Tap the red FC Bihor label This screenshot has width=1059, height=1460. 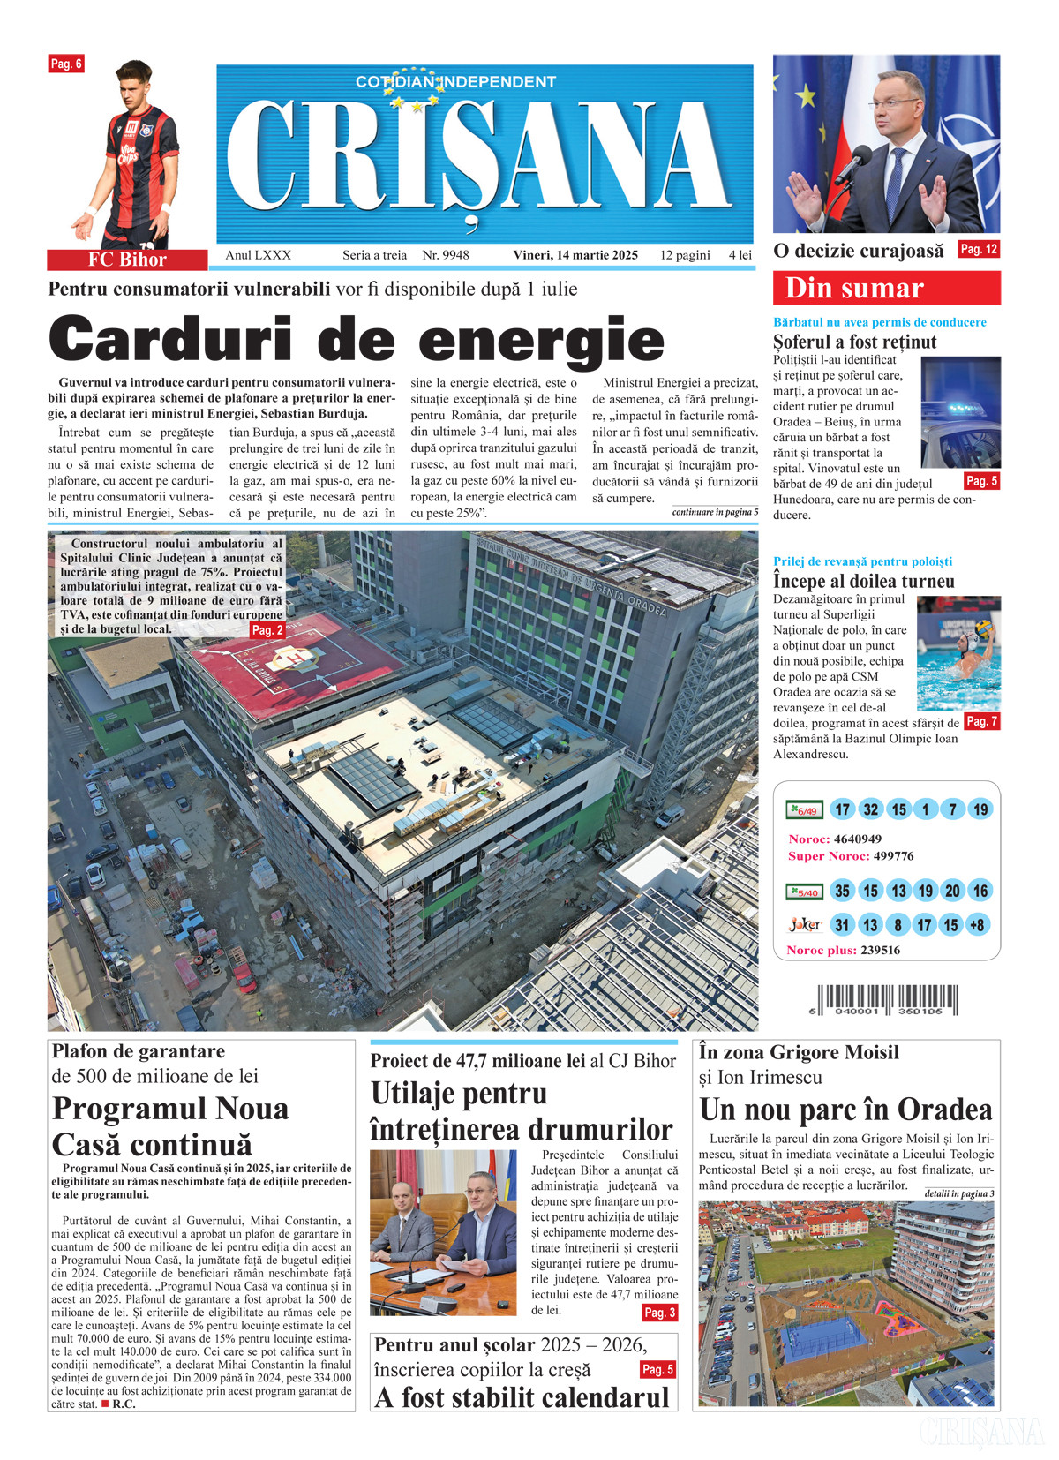pyautogui.click(x=127, y=260)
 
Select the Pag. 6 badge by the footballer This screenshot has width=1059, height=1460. pyautogui.click(x=66, y=64)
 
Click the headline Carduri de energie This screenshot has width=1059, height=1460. pyautogui.click(x=356, y=340)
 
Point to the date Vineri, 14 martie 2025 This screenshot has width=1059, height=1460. pyautogui.click(x=575, y=255)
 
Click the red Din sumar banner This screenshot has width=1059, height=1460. pyautogui.click(x=886, y=288)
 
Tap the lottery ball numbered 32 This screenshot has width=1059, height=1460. pyautogui.click(x=871, y=809)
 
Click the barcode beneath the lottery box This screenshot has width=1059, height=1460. pyautogui.click(x=887, y=1001)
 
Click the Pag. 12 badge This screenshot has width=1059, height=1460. pyautogui.click(x=979, y=250)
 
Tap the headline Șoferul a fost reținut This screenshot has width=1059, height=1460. pyautogui.click(x=854, y=342)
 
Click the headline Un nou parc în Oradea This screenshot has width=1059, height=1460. pyautogui.click(x=845, y=1110)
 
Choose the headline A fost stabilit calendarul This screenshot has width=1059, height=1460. pyautogui.click(x=522, y=1397)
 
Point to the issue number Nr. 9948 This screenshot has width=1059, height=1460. pyautogui.click(x=446, y=255)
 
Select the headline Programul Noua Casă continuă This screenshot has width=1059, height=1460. pyautogui.click(x=170, y=1126)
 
